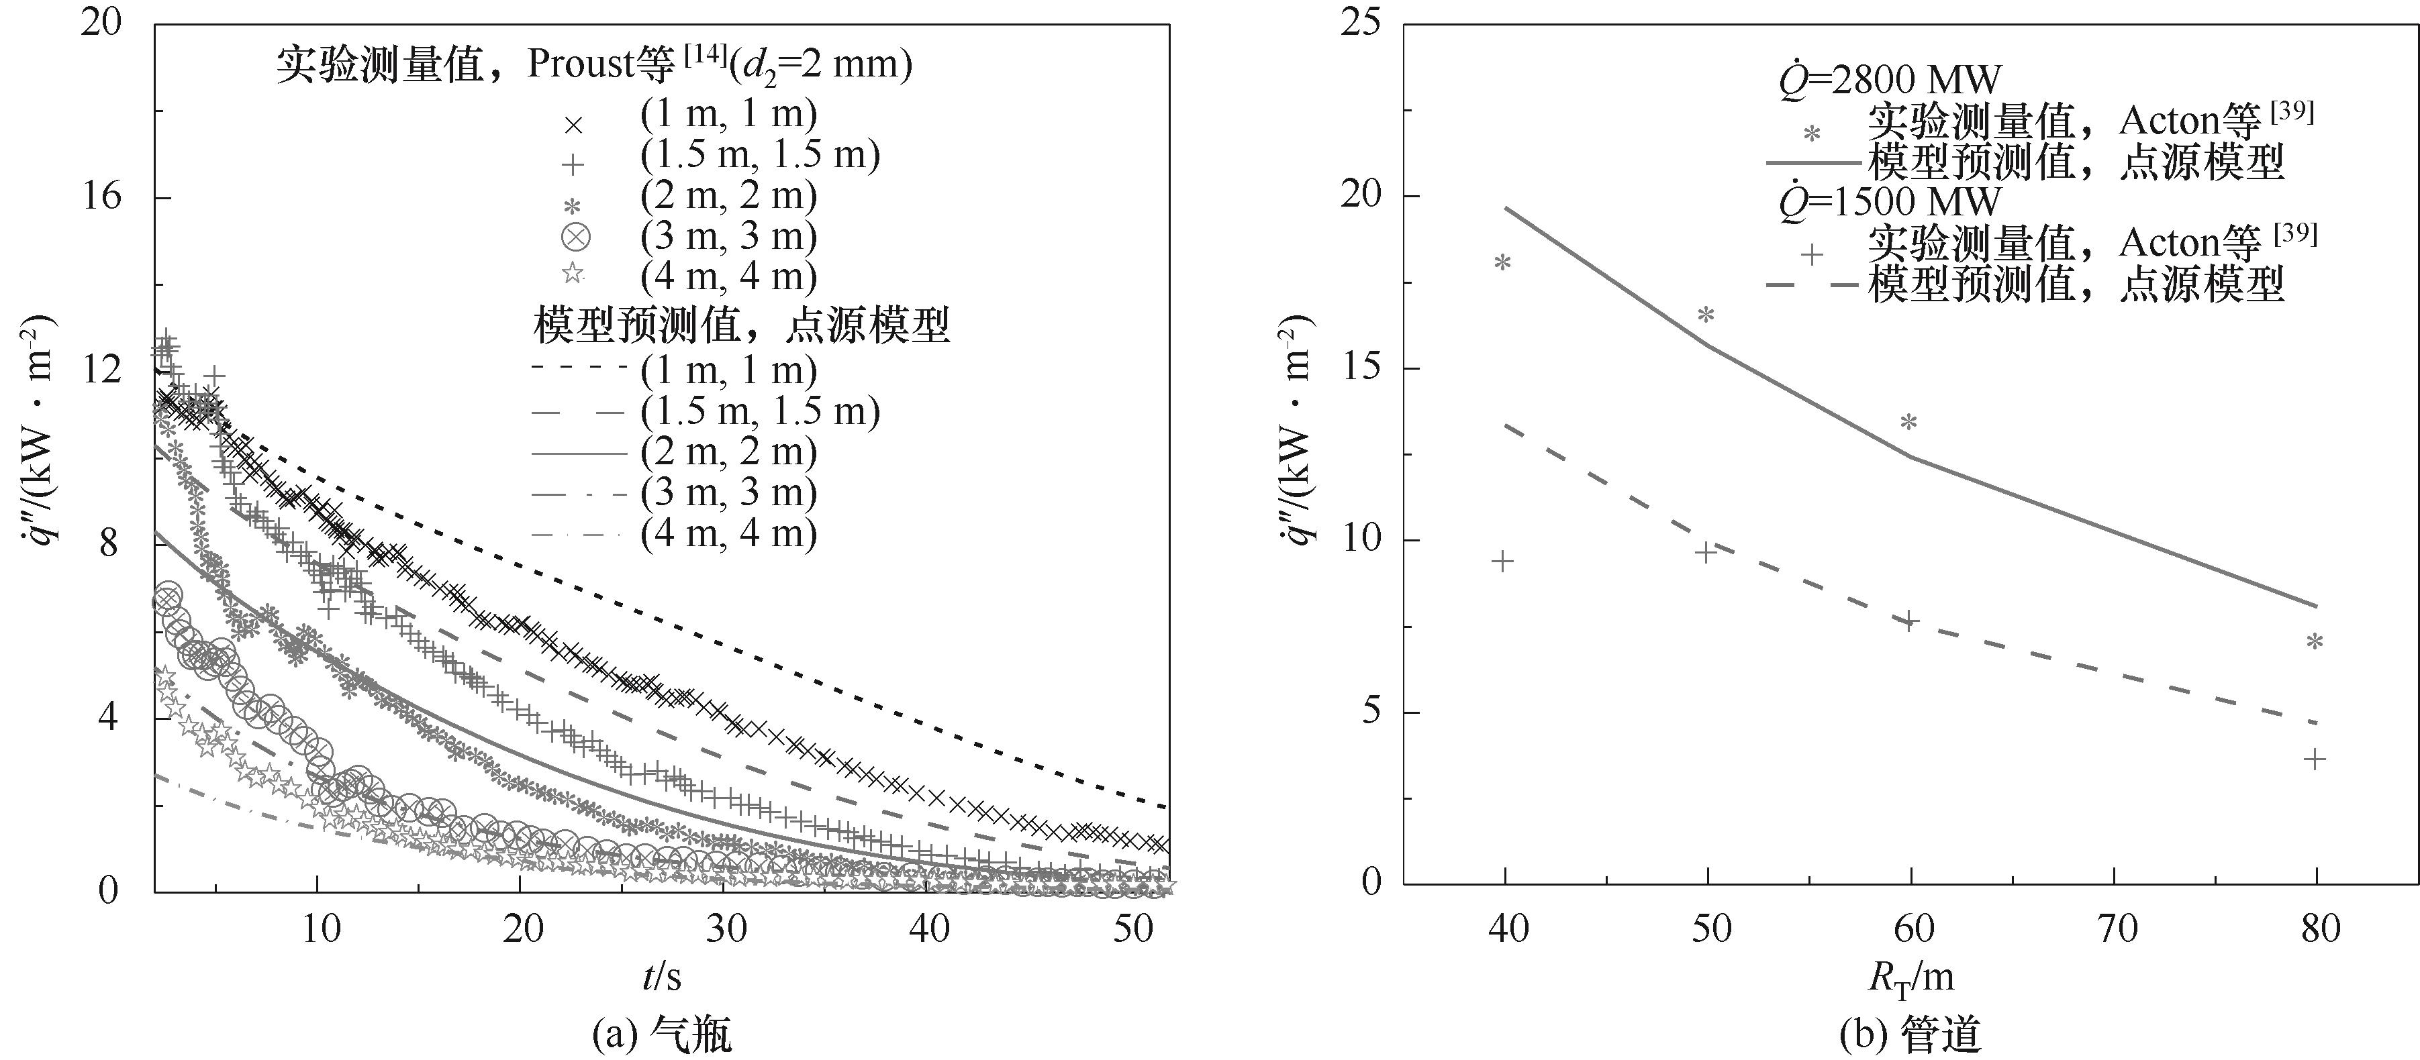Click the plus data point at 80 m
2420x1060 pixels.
pos(2317,759)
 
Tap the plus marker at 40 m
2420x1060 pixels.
pos(1503,562)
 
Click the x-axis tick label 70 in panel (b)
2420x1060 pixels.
pos(2116,929)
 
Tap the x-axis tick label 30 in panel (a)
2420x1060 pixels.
pos(725,929)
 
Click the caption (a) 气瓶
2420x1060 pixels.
pos(663,1035)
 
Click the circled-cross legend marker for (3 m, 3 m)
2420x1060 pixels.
pos(574,237)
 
